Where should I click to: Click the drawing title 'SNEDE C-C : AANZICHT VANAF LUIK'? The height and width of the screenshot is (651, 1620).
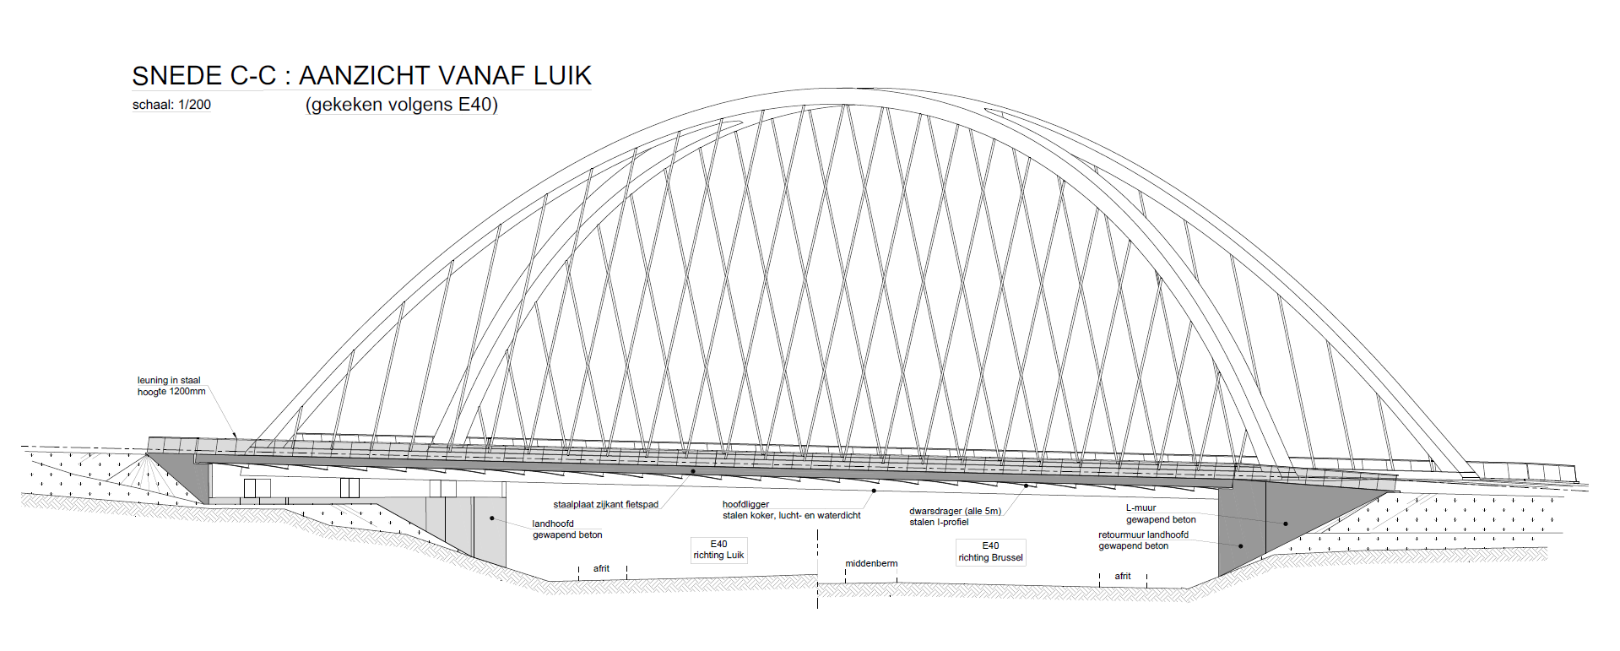tap(361, 76)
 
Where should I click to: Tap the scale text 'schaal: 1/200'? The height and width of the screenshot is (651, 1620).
tap(171, 105)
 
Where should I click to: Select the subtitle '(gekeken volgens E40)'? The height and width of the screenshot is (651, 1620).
tap(402, 105)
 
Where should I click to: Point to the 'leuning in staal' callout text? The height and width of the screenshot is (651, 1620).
tap(169, 381)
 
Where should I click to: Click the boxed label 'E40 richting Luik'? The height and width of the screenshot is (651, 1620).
tap(718, 550)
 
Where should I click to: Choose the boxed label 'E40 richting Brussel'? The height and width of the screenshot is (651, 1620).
tap(990, 552)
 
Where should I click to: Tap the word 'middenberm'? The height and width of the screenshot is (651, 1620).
tap(871, 563)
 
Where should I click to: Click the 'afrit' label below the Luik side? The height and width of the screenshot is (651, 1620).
tap(601, 568)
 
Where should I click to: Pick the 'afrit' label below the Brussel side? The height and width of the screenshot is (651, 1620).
tap(1122, 576)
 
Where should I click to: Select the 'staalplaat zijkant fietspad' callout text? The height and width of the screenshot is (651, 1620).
tap(605, 505)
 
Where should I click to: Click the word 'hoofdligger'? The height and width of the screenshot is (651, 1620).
tap(745, 504)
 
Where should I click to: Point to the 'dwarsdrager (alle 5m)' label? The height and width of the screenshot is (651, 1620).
tap(955, 511)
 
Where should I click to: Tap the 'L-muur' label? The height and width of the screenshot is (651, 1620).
tap(1141, 508)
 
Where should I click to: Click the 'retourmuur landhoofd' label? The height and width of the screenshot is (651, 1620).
tap(1143, 534)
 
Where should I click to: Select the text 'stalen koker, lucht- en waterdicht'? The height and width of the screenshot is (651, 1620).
tap(791, 515)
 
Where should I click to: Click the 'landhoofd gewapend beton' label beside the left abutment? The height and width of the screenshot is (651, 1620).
tap(567, 529)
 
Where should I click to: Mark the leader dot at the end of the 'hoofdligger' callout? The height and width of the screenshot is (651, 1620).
tap(874, 491)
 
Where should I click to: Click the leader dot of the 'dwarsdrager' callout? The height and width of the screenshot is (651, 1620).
tap(1026, 486)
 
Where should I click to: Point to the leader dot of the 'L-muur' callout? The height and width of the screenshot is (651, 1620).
tap(1286, 524)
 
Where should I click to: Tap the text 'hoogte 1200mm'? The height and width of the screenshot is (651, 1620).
tap(171, 392)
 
